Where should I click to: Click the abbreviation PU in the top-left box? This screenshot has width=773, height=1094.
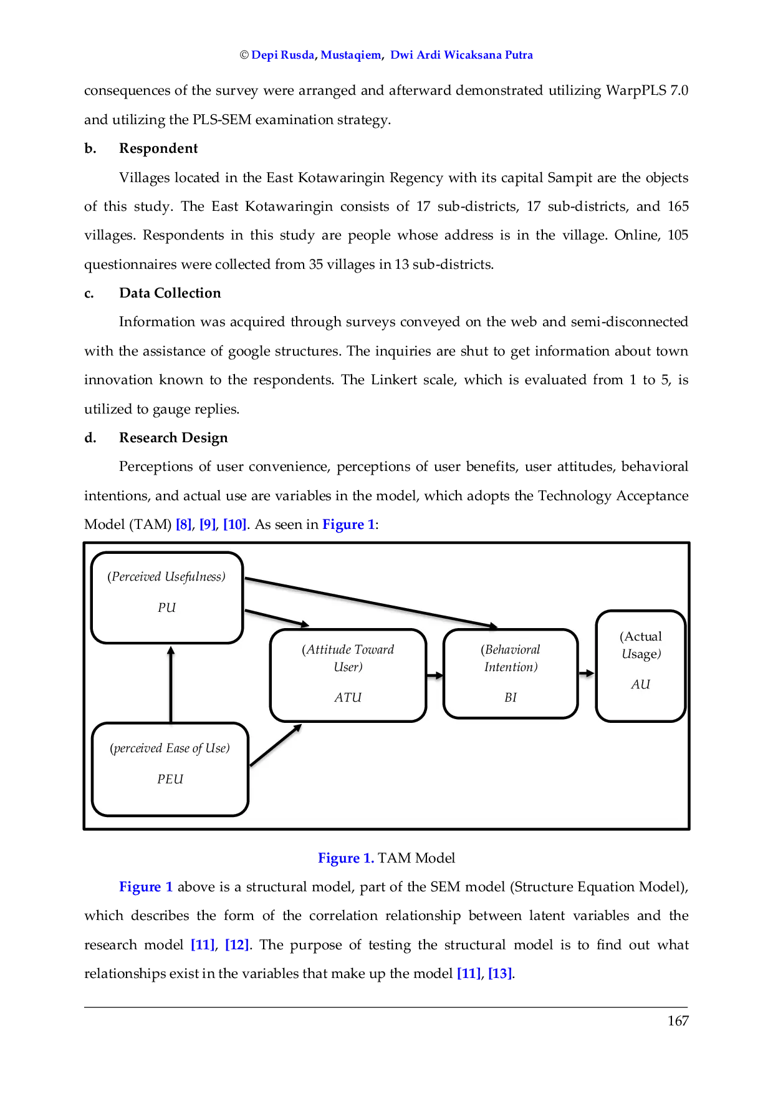166,608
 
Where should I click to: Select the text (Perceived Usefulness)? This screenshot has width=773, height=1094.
166,576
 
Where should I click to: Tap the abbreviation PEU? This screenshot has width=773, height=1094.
170,779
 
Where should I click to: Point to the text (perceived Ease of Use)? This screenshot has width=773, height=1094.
170,748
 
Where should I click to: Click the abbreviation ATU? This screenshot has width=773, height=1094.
348,697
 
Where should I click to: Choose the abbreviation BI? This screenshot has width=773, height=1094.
511,697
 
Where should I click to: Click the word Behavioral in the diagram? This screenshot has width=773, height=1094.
511,649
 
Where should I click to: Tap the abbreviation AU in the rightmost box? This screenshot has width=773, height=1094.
640,684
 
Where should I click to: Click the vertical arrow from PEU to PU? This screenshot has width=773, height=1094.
170,684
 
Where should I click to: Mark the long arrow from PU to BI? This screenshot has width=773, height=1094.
371,602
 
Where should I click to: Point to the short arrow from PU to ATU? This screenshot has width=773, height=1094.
277,617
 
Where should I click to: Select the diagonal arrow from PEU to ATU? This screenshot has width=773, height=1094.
276,745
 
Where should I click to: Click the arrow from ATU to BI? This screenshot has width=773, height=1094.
435,675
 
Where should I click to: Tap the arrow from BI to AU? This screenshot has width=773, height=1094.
586,673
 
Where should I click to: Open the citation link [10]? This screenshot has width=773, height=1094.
234,525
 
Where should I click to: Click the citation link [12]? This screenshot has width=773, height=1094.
237,945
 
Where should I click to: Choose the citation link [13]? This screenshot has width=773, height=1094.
500,973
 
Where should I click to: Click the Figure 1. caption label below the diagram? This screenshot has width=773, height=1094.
345,858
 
